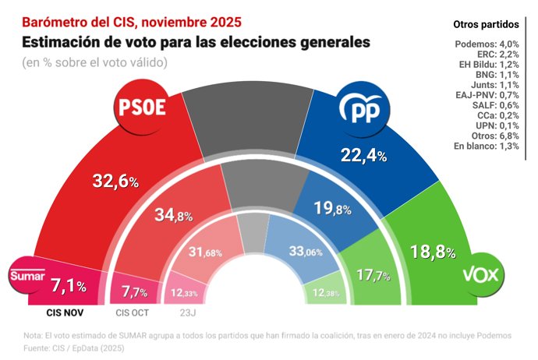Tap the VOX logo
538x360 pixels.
(x=480, y=274)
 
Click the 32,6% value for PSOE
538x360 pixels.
(x=115, y=182)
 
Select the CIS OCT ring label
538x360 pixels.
(x=133, y=313)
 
